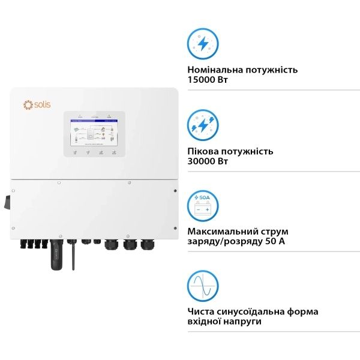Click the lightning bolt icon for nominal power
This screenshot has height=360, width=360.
pos(203,44)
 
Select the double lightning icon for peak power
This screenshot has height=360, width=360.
pos(203,125)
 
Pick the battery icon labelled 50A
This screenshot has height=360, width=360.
pos(203,206)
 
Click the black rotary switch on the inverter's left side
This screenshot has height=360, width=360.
pos(9,203)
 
